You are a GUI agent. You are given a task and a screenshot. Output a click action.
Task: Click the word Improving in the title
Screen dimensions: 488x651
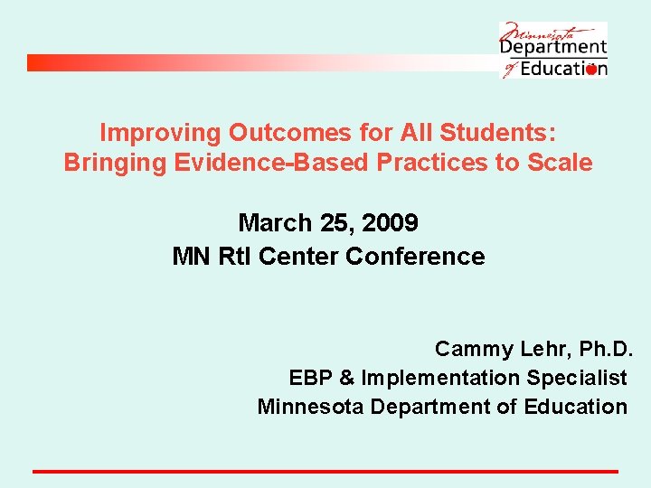(x=160, y=133)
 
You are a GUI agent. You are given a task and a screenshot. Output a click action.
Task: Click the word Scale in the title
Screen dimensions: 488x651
(x=562, y=163)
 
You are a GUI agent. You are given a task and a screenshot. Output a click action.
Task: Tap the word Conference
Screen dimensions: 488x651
(x=415, y=257)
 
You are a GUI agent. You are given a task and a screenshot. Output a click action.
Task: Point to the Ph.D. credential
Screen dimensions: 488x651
(x=603, y=349)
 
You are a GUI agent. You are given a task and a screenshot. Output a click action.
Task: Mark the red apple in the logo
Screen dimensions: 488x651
(x=591, y=70)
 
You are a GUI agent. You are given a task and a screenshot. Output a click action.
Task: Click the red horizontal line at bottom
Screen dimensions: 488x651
(x=325, y=471)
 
